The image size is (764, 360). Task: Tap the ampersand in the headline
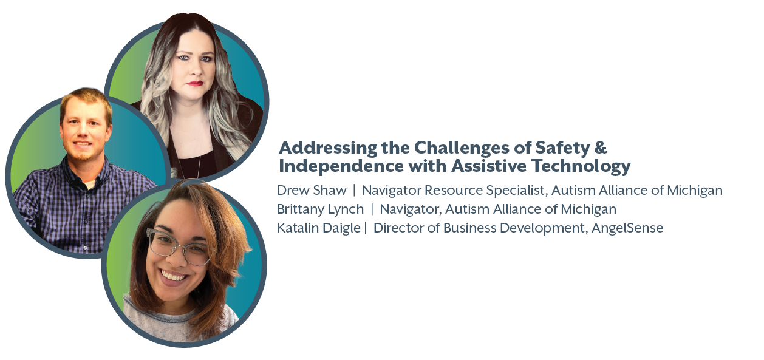click(601, 148)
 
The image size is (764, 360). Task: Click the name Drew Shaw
click(312, 190)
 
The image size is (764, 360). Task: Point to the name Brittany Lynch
click(320, 209)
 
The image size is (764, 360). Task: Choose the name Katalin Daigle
click(319, 228)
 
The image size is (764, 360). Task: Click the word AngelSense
click(627, 228)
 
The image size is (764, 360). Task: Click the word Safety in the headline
click(563, 148)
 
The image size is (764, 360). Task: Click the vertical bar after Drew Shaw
click(354, 190)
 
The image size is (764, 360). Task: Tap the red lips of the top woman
click(195, 83)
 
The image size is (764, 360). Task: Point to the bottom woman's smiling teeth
click(174, 276)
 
